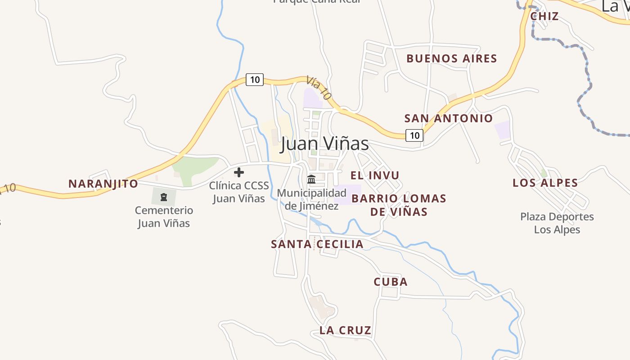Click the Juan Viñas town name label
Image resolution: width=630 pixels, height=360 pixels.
pos(324,144)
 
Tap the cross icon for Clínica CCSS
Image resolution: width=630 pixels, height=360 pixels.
pos(239,172)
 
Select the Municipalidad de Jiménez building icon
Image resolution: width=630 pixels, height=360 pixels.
pos(311,180)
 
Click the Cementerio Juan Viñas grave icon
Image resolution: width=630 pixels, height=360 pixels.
pos(164,197)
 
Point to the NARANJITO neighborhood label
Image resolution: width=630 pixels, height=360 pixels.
pos(103,184)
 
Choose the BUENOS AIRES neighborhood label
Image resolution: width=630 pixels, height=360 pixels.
pos(451,58)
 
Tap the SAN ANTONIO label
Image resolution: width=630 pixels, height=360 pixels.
pos(449,118)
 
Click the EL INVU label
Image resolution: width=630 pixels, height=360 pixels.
pos(375,175)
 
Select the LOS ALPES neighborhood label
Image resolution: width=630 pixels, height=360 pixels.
pos(545,183)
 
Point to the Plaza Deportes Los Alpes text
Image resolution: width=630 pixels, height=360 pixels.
pos(557,223)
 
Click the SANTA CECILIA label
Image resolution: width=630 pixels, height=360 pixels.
pos(317,244)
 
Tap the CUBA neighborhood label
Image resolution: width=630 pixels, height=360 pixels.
pos(391,282)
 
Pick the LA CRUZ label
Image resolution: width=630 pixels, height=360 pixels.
pos(345,330)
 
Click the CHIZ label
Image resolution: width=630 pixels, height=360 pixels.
pos(544,16)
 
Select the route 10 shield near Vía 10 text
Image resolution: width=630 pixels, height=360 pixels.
pos(255,80)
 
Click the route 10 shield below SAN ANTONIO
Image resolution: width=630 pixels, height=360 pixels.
pos(414,135)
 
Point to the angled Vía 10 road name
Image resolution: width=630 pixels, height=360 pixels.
pos(319,87)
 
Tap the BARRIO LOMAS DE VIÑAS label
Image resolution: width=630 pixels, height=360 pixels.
pos(399,205)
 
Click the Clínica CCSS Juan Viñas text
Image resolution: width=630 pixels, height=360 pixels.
pos(239,192)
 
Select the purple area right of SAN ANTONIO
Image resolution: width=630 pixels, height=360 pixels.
pos(503,130)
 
